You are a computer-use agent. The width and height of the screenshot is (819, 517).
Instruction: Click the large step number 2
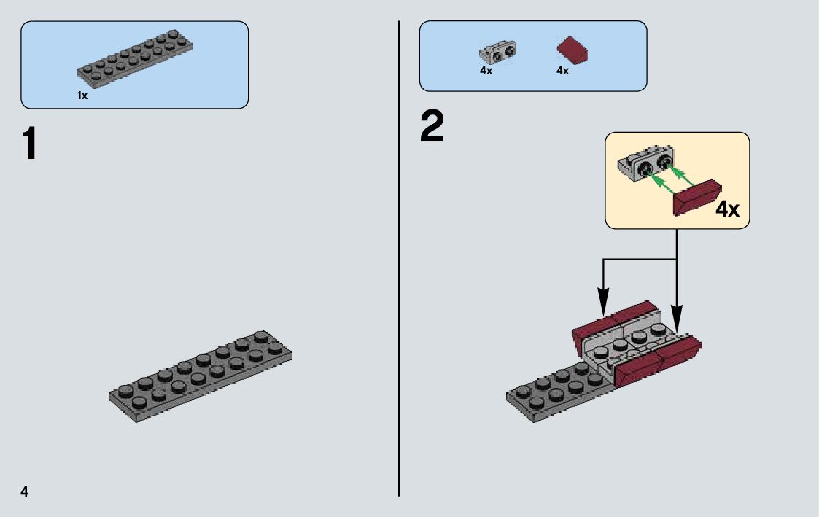[432, 128]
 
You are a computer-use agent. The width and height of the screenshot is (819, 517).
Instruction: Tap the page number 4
[25, 491]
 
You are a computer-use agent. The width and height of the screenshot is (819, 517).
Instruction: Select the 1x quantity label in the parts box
[82, 96]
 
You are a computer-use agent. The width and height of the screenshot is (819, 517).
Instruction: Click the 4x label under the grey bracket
[486, 71]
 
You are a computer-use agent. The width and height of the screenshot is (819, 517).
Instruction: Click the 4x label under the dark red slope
[562, 71]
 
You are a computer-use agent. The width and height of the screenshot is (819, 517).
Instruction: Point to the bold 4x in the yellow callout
[726, 210]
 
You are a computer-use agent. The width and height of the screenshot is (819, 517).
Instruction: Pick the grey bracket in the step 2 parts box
[498, 53]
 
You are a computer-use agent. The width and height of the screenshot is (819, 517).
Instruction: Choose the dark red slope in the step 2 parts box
[572, 52]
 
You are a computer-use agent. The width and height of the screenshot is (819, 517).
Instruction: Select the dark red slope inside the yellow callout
[697, 197]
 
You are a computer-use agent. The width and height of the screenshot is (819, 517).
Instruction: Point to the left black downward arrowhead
[603, 299]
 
